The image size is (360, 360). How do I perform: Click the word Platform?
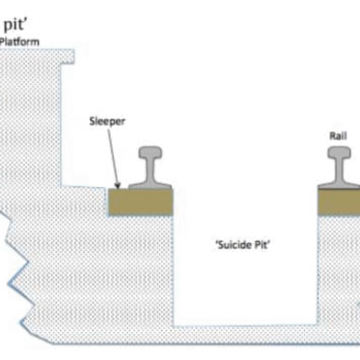point(19,42)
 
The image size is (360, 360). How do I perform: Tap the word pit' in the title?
point(16,24)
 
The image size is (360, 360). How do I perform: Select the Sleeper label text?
point(107,122)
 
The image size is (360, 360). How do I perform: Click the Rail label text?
point(338,136)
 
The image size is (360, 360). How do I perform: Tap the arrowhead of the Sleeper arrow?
point(117,186)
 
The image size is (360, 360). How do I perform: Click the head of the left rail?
point(150,153)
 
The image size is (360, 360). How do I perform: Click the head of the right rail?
point(339,153)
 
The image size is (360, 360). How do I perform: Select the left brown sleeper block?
point(140,202)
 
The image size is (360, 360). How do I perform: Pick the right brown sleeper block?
point(339,202)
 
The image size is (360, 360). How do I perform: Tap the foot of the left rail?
point(150,186)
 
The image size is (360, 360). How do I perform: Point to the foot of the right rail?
point(339,186)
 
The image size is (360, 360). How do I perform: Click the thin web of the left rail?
point(150,171)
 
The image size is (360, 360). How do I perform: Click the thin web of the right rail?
point(339,171)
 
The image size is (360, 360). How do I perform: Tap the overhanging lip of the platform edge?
point(67,57)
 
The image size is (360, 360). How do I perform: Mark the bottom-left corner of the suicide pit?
point(174,326)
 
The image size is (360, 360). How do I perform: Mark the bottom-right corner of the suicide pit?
point(318,325)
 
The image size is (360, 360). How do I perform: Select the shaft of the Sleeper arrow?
point(113,157)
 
